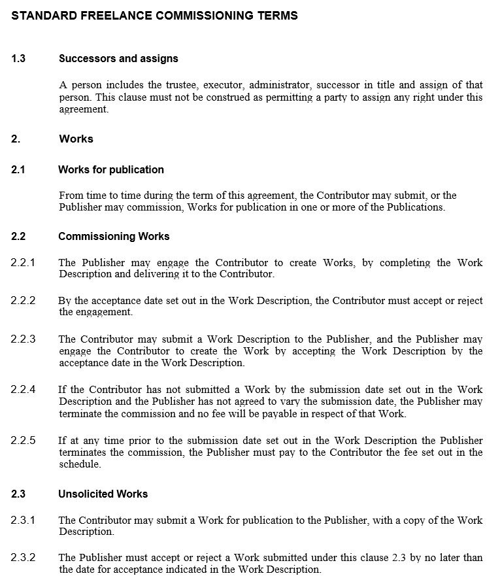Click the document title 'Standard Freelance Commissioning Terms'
(x=154, y=15)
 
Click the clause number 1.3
(x=18, y=58)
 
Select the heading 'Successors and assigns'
(x=118, y=58)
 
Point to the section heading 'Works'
(x=76, y=139)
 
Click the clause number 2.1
(x=18, y=169)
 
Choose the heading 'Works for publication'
(x=110, y=169)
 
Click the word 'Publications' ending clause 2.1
(x=415, y=207)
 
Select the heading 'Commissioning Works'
(x=113, y=236)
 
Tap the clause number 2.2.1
(x=23, y=262)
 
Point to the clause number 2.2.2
(x=23, y=300)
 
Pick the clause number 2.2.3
(x=23, y=339)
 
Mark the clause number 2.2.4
(x=23, y=389)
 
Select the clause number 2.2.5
(x=23, y=440)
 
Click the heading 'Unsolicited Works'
(x=103, y=494)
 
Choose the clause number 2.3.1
(x=23, y=520)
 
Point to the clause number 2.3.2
(x=23, y=558)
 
